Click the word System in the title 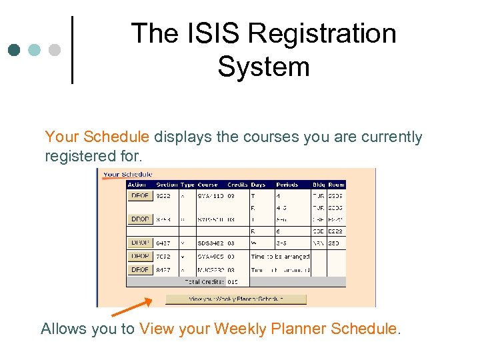click(263, 67)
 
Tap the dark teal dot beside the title click(15, 50)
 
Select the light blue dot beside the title click(34, 50)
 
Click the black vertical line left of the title click(72, 50)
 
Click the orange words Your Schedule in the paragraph click(97, 137)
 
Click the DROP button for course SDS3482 click(140, 243)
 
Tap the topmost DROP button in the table click(140, 196)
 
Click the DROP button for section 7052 click(140, 256)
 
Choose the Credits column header click(237, 185)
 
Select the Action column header click(137, 185)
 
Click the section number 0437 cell click(163, 243)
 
